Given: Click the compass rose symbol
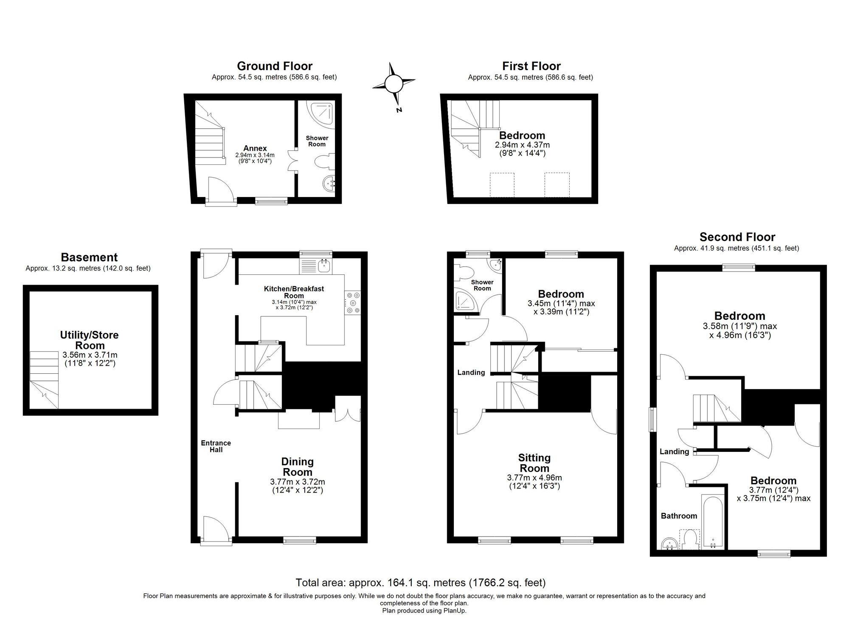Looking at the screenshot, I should (394, 84).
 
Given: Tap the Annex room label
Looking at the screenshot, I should (255, 148).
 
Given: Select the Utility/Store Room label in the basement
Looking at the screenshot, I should (90, 340).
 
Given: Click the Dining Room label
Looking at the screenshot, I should (298, 467).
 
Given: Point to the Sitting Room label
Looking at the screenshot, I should (534, 463).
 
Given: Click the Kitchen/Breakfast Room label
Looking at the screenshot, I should (294, 292).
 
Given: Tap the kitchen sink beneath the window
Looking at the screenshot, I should (324, 265).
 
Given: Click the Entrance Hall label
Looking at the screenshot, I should (216, 446).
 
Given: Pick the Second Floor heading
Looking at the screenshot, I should (737, 237).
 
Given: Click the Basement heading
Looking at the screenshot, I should (89, 257).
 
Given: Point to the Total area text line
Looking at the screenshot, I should (420, 582).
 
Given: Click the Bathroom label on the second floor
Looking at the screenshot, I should (679, 516).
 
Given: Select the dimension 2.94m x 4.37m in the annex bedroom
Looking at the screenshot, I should (522, 145).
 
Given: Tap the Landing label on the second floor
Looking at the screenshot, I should (674, 452).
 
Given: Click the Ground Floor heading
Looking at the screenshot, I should (274, 66).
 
